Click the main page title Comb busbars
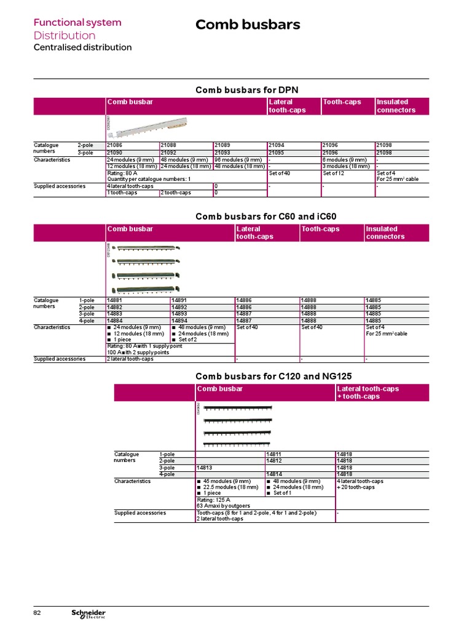(x=248, y=25)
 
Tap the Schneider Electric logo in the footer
(x=88, y=614)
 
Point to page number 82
(x=37, y=613)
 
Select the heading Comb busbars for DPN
(x=246, y=90)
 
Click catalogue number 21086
(x=115, y=145)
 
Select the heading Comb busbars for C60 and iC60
(x=265, y=217)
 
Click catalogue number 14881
(x=115, y=300)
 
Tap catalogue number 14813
(x=205, y=468)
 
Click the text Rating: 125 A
(x=213, y=500)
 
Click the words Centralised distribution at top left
(x=82, y=47)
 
